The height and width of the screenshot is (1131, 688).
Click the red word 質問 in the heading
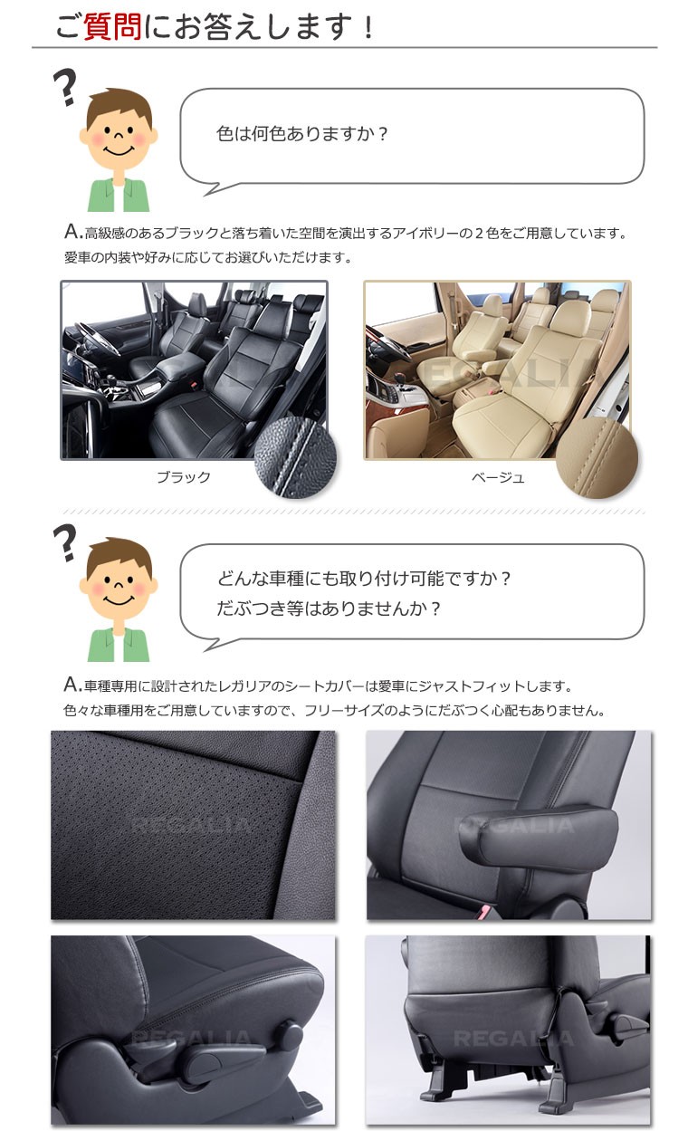[112, 27]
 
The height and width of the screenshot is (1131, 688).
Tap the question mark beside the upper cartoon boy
[65, 87]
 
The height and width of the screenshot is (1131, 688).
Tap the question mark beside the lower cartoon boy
[65, 542]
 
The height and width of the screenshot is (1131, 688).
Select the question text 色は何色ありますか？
[301, 134]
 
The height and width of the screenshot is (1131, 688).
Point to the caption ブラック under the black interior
[184, 477]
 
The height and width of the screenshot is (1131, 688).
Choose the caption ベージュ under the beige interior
[498, 477]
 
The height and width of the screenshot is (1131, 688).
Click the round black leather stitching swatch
[296, 457]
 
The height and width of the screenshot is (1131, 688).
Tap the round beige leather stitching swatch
[597, 457]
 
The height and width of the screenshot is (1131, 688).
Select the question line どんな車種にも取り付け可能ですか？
[364, 578]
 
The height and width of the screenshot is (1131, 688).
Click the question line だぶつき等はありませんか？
[329, 609]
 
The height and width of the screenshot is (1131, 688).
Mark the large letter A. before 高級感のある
[73, 232]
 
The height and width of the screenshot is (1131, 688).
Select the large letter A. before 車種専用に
[73, 685]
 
